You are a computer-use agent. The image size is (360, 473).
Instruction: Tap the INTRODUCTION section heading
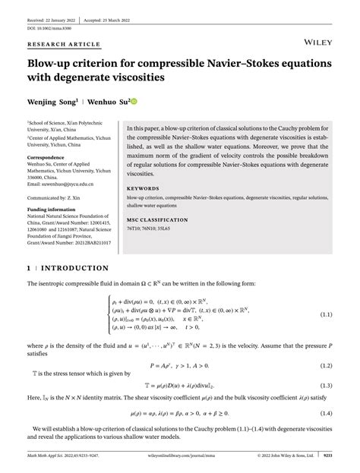point(77,269)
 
